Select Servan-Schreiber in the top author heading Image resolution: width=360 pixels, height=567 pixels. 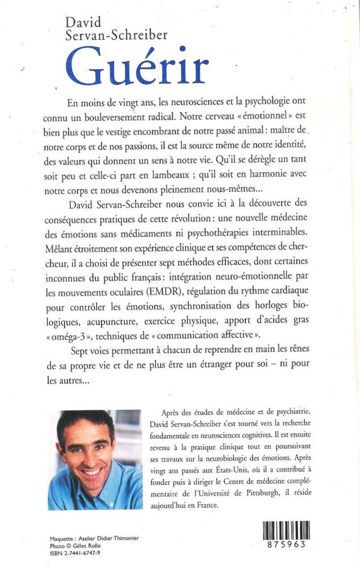tap(116, 36)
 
